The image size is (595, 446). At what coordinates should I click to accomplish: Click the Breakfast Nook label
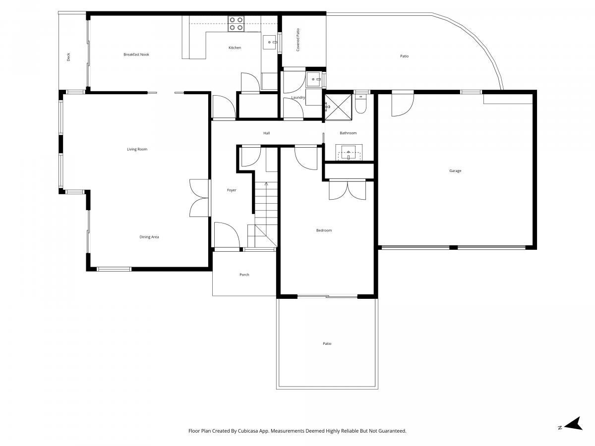tap(136, 55)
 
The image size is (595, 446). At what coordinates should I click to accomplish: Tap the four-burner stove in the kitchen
tap(236, 24)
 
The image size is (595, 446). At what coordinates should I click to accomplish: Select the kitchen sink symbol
tap(270, 42)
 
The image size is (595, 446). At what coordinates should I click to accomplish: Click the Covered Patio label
tap(297, 40)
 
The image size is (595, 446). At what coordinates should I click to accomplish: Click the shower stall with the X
tap(338, 107)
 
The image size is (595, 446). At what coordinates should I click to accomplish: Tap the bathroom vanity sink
tap(349, 153)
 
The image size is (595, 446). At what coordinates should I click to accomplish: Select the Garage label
tap(455, 170)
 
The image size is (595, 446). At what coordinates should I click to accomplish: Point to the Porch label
tap(244, 275)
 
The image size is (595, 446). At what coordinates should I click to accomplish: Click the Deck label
tap(68, 57)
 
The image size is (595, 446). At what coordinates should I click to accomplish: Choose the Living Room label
tap(137, 149)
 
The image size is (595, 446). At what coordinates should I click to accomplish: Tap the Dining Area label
tap(149, 237)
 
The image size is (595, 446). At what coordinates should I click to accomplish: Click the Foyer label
tap(231, 190)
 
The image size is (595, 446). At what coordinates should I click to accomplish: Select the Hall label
tap(266, 133)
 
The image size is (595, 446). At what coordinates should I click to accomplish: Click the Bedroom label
tap(324, 230)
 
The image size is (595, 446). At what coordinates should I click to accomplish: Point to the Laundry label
tap(298, 97)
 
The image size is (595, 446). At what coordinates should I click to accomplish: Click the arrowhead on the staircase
tap(266, 184)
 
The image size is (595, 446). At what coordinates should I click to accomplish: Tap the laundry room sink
tap(314, 79)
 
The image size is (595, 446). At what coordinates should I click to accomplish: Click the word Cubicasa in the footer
tap(248, 431)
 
